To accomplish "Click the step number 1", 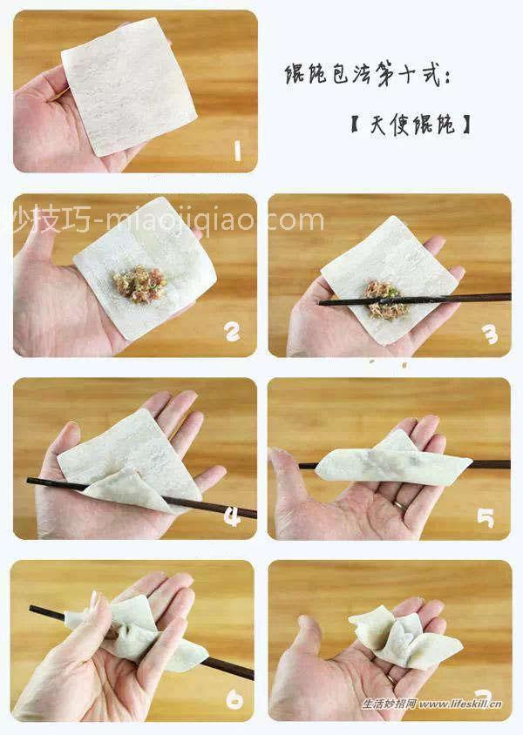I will tap(235, 152).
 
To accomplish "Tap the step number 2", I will tap(232, 332).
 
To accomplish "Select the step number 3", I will tap(491, 334).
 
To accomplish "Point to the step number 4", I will tap(232, 517).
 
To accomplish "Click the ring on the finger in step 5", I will tap(397, 502).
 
